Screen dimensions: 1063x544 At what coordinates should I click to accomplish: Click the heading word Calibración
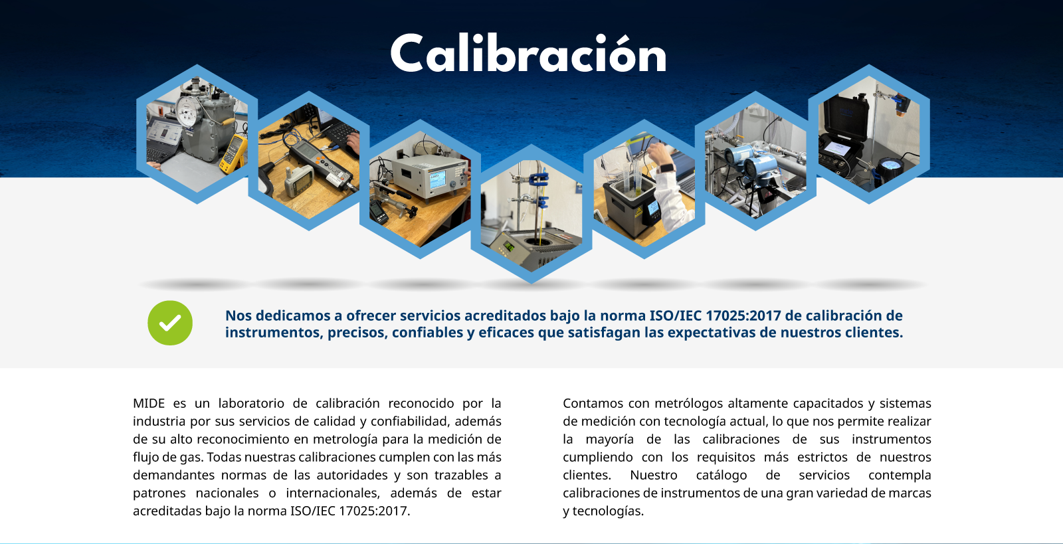[x=528, y=53]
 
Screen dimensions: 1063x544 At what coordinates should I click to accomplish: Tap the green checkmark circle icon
[x=170, y=323]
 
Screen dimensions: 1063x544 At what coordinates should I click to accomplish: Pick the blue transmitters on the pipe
[x=750, y=161]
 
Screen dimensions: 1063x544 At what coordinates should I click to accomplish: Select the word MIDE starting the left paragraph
[x=149, y=403]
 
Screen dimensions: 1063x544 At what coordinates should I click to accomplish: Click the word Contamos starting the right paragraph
[x=592, y=403]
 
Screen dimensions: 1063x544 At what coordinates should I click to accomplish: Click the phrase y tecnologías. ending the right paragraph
[x=603, y=511]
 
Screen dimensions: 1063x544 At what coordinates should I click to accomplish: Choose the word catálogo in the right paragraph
[x=722, y=475]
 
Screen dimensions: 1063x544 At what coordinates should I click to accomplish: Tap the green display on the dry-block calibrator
[x=509, y=246]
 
